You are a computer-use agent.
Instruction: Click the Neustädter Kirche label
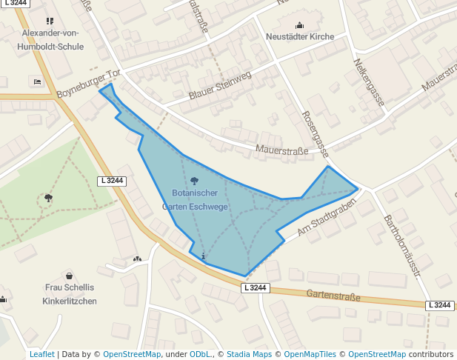click(x=299, y=36)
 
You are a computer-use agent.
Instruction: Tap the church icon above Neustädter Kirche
click(x=299, y=24)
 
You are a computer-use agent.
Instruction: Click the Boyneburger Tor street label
click(x=87, y=85)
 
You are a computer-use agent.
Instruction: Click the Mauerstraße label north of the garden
click(x=281, y=151)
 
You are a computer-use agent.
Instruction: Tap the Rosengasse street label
click(x=316, y=134)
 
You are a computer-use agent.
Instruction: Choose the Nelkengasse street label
click(x=369, y=82)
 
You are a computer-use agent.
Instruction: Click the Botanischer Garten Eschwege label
click(x=195, y=200)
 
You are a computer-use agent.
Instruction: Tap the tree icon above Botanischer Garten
click(x=195, y=180)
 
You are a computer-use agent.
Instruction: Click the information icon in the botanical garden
click(x=204, y=255)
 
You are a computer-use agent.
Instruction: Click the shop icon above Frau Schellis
click(x=70, y=276)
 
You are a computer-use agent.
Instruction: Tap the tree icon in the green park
click(x=48, y=198)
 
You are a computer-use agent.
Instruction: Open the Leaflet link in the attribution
click(x=41, y=354)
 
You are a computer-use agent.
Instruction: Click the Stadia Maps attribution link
click(x=249, y=354)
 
